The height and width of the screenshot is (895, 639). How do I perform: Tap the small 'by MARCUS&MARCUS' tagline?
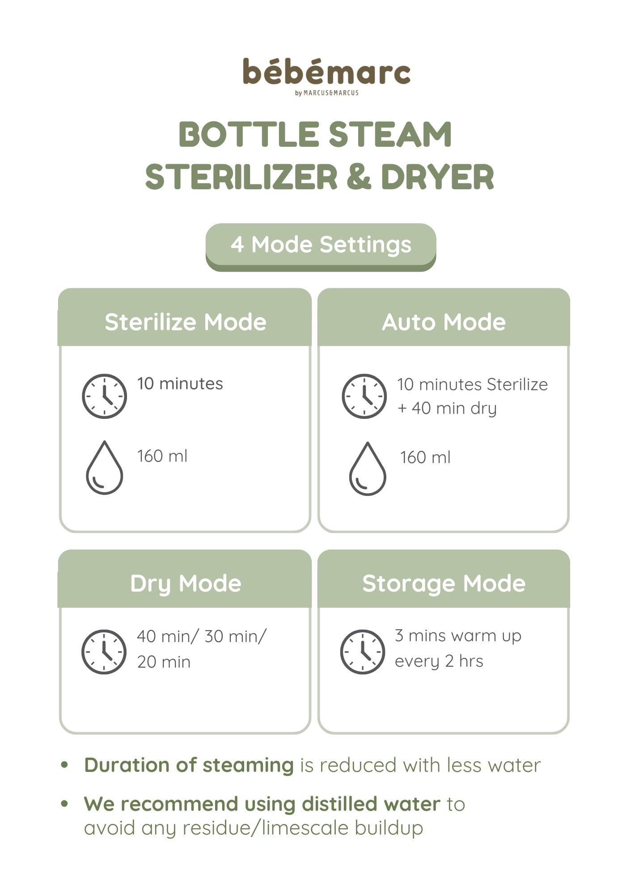(327, 93)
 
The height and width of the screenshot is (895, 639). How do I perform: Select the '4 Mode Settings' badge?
(321, 247)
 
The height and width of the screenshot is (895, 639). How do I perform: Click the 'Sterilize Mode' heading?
(185, 322)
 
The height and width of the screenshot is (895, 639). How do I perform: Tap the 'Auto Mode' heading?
(444, 322)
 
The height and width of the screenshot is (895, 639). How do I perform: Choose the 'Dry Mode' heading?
(186, 584)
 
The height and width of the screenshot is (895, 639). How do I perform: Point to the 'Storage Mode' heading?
(444, 584)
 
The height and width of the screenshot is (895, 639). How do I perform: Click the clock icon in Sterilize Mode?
(104, 396)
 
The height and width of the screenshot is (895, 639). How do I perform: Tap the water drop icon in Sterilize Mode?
(104, 467)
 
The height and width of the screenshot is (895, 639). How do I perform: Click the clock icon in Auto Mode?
(364, 396)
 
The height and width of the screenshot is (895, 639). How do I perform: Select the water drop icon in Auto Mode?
(367, 468)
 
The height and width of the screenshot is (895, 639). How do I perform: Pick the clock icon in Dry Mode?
(104, 652)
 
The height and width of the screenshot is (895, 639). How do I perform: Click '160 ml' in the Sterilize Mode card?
(162, 456)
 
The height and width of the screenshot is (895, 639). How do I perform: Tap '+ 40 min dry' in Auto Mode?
(447, 409)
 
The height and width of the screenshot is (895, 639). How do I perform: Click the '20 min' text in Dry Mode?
(164, 662)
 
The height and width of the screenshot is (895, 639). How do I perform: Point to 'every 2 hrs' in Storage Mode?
(439, 661)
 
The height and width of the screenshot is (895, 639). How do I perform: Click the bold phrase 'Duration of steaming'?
(189, 765)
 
